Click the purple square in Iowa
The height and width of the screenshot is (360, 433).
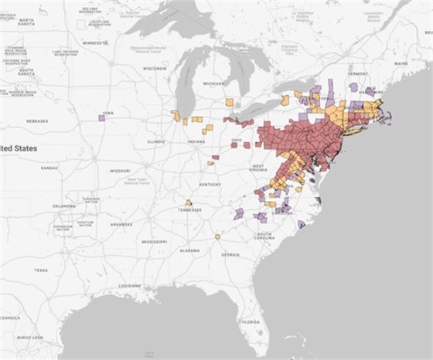pyautogui.click(x=102, y=117)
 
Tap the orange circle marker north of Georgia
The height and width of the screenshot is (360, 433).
pyautogui.click(x=218, y=236)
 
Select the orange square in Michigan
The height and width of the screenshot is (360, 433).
pyautogui.click(x=230, y=101)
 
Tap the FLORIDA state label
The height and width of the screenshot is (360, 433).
pyautogui.click(x=250, y=321)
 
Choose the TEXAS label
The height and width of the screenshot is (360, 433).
pyautogui.click(x=41, y=270)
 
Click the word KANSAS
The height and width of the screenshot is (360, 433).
pyautogui.click(x=49, y=168)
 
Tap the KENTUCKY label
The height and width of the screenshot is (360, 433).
pyautogui.click(x=209, y=185)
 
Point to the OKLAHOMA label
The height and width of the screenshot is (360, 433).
pyautogui.click(x=64, y=206)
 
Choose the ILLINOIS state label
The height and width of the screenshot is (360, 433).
pyautogui.click(x=157, y=142)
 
